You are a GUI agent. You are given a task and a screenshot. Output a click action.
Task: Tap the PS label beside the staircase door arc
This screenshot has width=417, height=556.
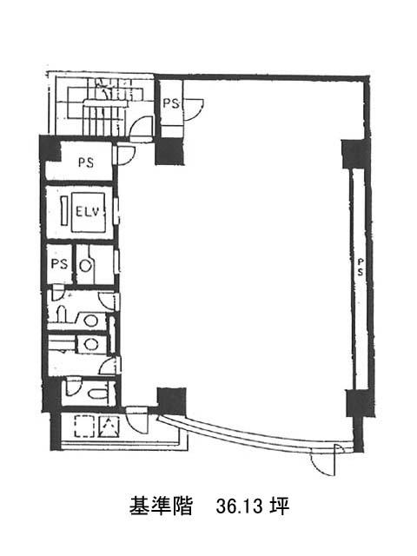pyautogui.click(x=171, y=103)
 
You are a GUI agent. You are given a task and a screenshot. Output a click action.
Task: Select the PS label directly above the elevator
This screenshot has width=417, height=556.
pyautogui.click(x=86, y=162)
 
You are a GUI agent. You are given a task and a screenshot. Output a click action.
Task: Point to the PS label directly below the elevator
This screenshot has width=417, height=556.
pyautogui.click(x=59, y=264)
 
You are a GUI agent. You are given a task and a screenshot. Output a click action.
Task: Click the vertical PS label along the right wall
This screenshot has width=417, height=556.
pyautogui.click(x=361, y=267)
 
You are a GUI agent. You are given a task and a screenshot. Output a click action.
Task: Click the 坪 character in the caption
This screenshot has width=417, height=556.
pyautogui.click(x=279, y=506)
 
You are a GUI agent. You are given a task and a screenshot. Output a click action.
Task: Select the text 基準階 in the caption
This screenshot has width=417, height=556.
pyautogui.click(x=161, y=506)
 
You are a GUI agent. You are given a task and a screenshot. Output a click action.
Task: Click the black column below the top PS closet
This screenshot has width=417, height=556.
pyautogui.click(x=170, y=150)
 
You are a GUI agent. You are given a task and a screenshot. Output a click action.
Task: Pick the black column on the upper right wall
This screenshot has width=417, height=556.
pyautogui.click(x=356, y=155)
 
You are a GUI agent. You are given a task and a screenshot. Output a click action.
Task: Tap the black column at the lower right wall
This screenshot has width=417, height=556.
pyautogui.click(x=360, y=403)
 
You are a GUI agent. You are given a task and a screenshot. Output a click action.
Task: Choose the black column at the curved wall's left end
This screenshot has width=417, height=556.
pyautogui.click(x=172, y=401)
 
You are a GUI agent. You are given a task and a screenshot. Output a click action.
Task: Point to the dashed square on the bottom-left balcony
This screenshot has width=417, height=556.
pyautogui.click(x=84, y=427)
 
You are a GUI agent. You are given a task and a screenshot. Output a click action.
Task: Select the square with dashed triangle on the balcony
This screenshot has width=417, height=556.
pyautogui.click(x=109, y=427)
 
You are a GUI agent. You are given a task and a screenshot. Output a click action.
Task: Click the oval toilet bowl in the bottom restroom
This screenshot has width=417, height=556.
pyautogui.click(x=98, y=394)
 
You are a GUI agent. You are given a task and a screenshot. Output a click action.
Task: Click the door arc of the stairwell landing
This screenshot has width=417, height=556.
pyautogui.click(x=141, y=126)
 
